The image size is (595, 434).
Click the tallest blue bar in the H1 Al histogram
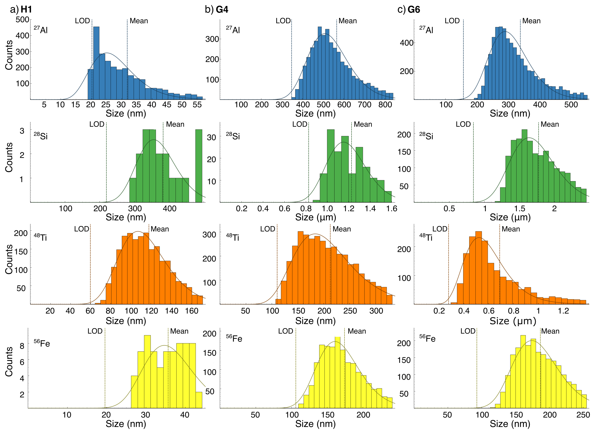96,63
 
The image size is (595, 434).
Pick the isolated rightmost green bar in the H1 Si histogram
199,166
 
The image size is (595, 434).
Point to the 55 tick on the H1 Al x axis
197,105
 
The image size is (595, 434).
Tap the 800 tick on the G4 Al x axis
385,105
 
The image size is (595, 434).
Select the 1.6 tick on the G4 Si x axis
391,208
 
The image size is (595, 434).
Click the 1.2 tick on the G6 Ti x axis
563,311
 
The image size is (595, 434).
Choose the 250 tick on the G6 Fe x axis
583,415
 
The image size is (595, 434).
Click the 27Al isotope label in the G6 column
426,30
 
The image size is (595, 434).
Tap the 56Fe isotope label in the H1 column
42,343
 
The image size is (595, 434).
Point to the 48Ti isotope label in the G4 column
232,237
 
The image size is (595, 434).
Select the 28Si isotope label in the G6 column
426,136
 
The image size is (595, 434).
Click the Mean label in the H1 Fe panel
179,331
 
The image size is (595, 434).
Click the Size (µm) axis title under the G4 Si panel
316,217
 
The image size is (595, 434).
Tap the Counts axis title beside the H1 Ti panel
9,259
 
